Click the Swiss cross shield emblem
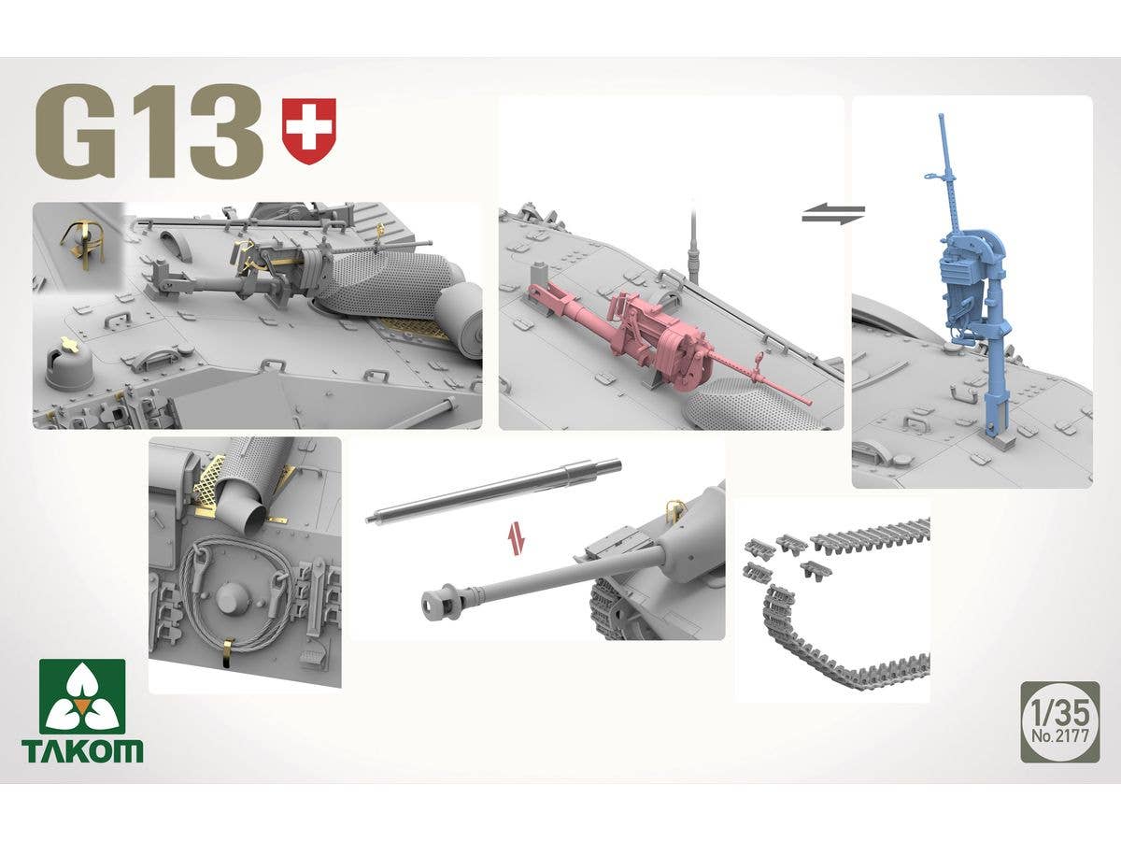coord(308,131)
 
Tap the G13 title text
coord(149,132)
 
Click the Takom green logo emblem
coord(82,697)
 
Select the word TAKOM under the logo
coord(82,750)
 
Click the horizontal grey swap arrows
coord(833,214)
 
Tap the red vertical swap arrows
coord(516,539)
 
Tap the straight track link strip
coord(869,538)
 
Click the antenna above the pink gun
coord(692,243)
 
